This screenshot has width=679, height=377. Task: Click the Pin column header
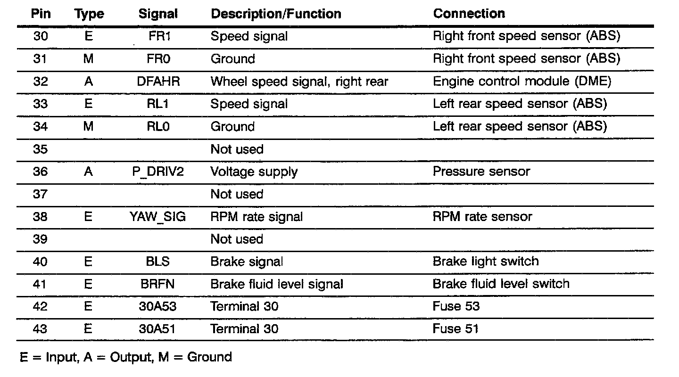[41, 14]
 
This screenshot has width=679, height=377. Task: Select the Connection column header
[469, 14]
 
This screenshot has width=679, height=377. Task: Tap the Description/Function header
[276, 14]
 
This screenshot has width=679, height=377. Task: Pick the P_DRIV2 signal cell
[158, 172]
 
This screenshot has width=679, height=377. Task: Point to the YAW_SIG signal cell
[158, 217]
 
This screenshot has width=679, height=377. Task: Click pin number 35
[41, 149]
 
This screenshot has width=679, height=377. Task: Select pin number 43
[41, 328]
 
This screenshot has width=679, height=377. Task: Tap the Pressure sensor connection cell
[481, 172]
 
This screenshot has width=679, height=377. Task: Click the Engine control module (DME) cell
[522, 82]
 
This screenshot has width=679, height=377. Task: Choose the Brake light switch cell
[485, 261]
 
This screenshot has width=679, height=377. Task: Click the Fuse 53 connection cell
[456, 306]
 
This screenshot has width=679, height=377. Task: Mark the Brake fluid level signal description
[277, 284]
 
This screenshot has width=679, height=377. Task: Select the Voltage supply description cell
[254, 172]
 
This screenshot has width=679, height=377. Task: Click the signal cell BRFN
[158, 284]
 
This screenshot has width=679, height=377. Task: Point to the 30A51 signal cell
[157, 328]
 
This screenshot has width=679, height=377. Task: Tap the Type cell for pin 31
[88, 59]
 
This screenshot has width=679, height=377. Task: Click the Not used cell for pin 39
[237, 239]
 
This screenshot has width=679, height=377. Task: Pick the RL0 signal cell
[158, 127]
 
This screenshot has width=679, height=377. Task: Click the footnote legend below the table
[126, 357]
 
